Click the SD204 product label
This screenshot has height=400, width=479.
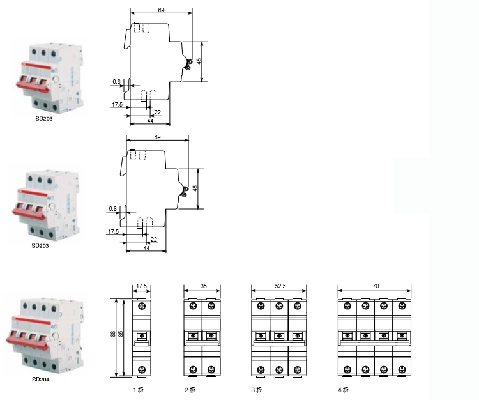(x=41, y=379)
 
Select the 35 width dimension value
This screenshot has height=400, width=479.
(x=203, y=287)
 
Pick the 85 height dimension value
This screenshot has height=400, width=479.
(x=122, y=337)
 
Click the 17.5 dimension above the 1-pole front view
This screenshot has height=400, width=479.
(x=142, y=287)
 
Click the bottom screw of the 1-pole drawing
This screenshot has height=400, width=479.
(x=142, y=369)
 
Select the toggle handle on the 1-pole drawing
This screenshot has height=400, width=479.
(x=142, y=335)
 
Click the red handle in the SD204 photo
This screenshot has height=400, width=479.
(x=29, y=339)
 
